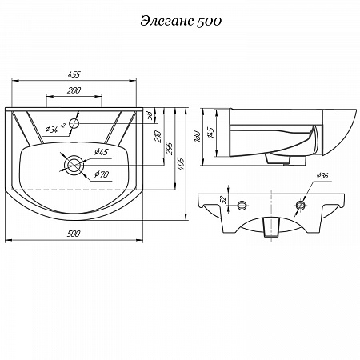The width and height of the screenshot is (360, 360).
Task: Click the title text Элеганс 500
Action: (x=181, y=21)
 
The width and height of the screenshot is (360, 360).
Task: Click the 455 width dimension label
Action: (x=74, y=74)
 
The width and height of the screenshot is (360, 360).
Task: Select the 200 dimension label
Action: (x=74, y=90)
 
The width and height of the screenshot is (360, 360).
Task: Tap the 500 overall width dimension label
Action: (x=74, y=234)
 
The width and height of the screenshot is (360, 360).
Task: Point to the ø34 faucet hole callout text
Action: (x=55, y=129)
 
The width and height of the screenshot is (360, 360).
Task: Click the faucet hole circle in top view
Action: (x=74, y=123)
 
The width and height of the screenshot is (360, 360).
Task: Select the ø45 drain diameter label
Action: (x=102, y=152)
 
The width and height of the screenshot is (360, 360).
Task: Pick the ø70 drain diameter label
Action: (x=102, y=174)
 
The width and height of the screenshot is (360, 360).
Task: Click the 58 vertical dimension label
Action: (x=150, y=115)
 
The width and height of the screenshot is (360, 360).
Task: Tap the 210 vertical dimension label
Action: (x=158, y=136)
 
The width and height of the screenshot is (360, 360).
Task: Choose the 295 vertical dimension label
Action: (x=170, y=149)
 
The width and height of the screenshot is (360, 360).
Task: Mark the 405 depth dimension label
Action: (x=181, y=164)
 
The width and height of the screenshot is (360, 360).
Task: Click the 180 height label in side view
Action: (x=198, y=136)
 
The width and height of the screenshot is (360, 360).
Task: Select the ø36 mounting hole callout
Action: (x=322, y=176)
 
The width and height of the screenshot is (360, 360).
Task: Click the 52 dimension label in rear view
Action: (x=223, y=199)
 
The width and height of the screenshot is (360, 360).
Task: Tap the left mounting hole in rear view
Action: (x=242, y=205)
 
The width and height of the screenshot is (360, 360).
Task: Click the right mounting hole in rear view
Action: (x=300, y=205)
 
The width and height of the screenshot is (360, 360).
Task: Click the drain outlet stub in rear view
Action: (x=271, y=227)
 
